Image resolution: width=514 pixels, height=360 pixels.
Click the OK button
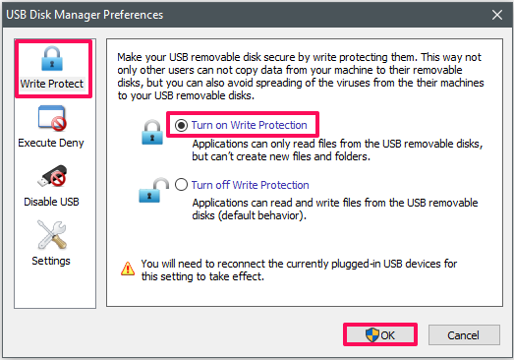380,334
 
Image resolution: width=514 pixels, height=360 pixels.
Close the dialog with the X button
497,15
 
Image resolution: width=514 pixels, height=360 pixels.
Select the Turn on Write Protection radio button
181,125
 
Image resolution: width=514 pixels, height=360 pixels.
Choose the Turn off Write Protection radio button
181,185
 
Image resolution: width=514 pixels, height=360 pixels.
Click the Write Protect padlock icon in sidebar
52,59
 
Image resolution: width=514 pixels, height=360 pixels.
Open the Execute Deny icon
52,118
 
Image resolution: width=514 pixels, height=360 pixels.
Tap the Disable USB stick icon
52,176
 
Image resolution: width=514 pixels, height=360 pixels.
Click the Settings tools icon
52,235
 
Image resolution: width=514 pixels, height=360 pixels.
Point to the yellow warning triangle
128,269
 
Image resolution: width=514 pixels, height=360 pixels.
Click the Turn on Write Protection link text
249,125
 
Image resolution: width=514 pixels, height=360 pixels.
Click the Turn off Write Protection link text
250,185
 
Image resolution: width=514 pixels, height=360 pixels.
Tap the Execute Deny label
51,143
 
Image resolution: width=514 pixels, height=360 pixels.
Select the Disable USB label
51,202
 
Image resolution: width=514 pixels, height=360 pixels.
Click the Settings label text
51,261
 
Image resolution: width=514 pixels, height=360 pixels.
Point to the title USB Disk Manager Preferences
85,15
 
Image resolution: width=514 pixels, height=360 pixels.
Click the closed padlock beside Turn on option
152,132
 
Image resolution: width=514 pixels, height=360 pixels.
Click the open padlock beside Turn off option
153,191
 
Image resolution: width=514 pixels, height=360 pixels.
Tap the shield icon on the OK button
372,335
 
